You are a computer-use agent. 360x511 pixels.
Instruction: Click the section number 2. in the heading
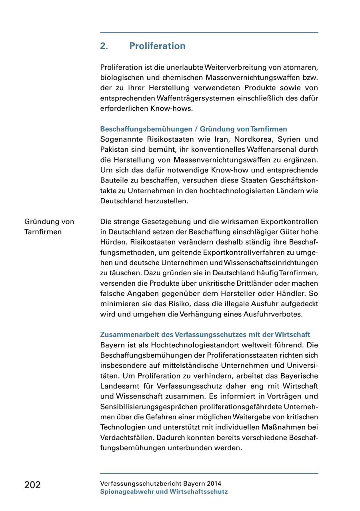[104, 46]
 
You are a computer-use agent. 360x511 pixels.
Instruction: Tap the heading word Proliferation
[157, 46]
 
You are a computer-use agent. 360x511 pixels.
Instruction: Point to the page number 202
[32, 485]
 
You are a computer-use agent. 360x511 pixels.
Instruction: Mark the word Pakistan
[114, 150]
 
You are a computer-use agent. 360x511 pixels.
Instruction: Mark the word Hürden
[112, 242]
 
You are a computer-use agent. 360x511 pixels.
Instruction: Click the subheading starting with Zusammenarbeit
[205, 335]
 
